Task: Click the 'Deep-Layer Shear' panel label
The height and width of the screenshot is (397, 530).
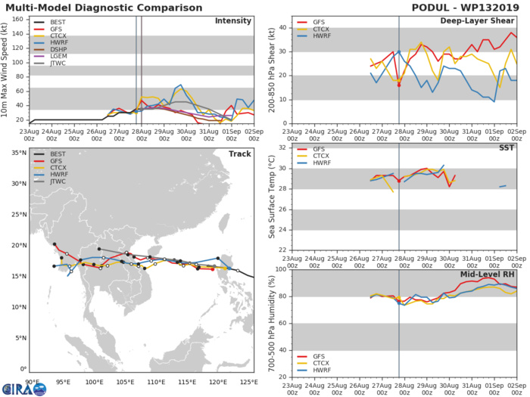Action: coord(485,20)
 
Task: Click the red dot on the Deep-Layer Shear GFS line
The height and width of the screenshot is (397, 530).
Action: coord(399,85)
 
